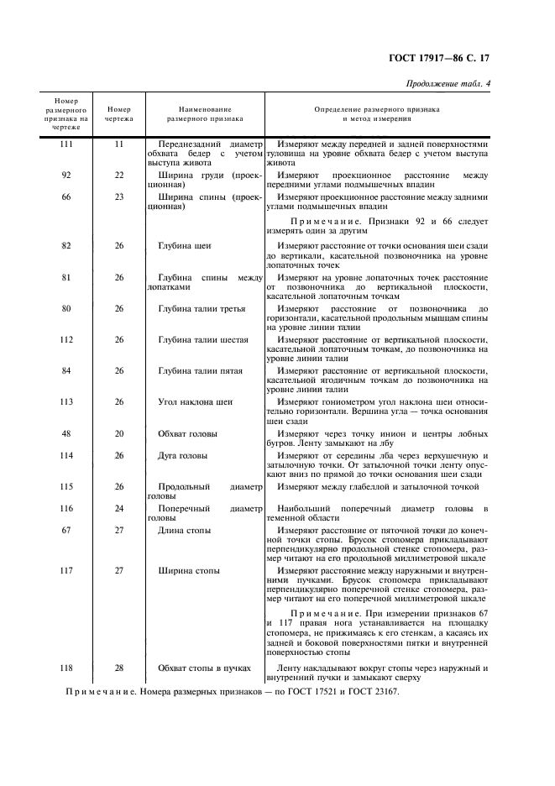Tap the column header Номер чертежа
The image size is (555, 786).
[119, 114]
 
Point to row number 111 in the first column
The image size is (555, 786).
[66, 144]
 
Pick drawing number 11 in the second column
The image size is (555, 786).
[119, 144]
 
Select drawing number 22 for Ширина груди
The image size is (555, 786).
[119, 175]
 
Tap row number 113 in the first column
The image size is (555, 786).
[66, 402]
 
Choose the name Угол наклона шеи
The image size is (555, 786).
[196, 402]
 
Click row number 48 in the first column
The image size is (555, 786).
[66, 434]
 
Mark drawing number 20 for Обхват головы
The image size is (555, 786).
[119, 434]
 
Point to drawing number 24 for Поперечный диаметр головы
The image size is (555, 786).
[119, 509]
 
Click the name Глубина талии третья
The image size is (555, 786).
[202, 308]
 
